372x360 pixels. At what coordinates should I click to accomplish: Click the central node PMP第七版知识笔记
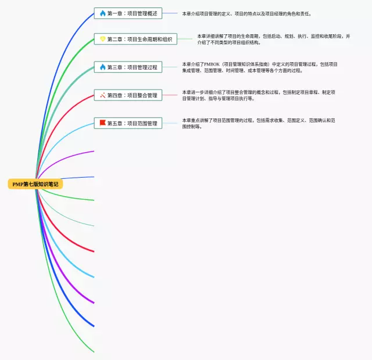(35, 184)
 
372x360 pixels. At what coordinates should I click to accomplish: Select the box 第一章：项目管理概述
(128, 13)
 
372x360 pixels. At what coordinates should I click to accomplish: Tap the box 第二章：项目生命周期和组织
(135, 39)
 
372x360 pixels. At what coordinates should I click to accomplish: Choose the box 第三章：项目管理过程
(128, 67)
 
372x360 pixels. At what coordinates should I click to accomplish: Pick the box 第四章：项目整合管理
(128, 95)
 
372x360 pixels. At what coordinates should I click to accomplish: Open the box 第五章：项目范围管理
(128, 123)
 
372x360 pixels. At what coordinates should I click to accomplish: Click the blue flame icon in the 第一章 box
(103, 13)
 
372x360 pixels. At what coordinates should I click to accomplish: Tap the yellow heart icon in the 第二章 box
(103, 39)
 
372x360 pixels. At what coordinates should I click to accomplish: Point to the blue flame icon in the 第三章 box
(103, 67)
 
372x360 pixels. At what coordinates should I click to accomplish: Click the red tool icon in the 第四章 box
(103, 95)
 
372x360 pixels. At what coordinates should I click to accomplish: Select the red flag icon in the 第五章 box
(103, 123)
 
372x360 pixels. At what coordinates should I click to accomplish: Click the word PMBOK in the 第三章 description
(210, 64)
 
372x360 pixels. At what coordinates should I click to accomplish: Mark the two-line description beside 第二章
(273, 39)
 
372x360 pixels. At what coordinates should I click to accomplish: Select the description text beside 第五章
(258, 123)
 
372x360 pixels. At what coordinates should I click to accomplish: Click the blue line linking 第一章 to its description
(170, 13)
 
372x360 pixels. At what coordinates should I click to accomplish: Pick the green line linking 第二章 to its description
(185, 39)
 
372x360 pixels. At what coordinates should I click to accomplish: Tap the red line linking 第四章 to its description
(170, 95)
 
